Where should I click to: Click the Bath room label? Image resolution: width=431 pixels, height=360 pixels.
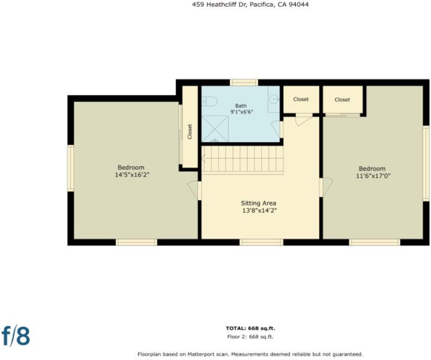(241, 106)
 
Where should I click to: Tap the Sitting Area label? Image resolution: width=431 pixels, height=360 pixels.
(258, 203)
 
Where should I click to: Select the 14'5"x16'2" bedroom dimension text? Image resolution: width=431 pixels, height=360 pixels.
(132, 175)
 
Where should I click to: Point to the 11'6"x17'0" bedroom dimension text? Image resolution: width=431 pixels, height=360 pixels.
(373, 176)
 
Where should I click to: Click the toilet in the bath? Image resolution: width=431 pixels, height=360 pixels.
(209, 101)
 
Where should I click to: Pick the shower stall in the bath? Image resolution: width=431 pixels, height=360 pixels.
(215, 129)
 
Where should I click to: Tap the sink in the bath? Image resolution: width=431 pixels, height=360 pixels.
(274, 99)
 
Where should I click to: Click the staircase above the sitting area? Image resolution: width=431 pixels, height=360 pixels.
(243, 160)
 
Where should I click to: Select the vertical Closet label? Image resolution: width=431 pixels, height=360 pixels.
(190, 131)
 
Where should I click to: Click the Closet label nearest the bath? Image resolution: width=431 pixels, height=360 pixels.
(301, 99)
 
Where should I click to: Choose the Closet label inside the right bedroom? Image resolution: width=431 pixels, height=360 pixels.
(342, 100)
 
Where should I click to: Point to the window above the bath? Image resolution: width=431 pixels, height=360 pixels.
(244, 82)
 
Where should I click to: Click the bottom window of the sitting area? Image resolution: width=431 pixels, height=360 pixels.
(261, 242)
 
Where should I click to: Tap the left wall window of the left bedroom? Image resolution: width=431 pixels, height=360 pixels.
(71, 168)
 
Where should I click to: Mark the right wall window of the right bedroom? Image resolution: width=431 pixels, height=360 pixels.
(426, 164)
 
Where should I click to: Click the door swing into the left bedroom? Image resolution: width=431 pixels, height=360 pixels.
(193, 190)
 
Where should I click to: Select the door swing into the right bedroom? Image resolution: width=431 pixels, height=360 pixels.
(327, 187)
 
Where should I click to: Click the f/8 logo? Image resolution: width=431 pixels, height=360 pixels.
(16, 335)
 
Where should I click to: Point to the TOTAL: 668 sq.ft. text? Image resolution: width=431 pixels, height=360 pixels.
(250, 328)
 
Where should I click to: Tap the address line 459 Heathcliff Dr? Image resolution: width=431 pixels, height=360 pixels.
(220, 4)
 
